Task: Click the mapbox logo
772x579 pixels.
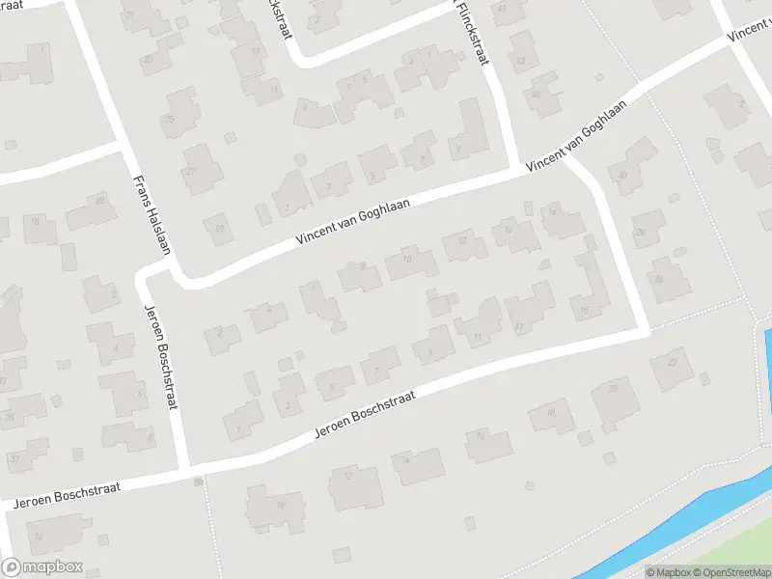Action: coord(41,567)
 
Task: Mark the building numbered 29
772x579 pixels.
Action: coord(220,228)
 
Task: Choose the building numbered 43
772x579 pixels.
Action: coord(521,61)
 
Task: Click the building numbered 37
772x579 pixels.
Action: coord(14,457)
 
